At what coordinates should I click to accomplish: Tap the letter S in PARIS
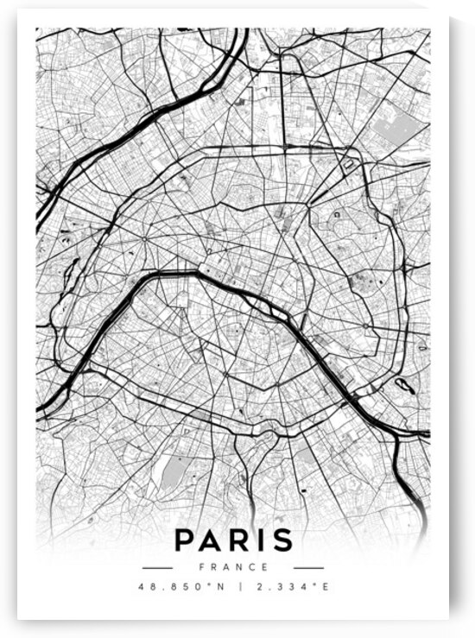(282, 540)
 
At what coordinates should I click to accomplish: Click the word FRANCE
(232, 567)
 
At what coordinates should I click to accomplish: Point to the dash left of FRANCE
(157, 567)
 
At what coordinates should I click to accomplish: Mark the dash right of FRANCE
(307, 567)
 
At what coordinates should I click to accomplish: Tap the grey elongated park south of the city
(173, 471)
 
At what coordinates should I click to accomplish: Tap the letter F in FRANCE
(201, 567)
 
